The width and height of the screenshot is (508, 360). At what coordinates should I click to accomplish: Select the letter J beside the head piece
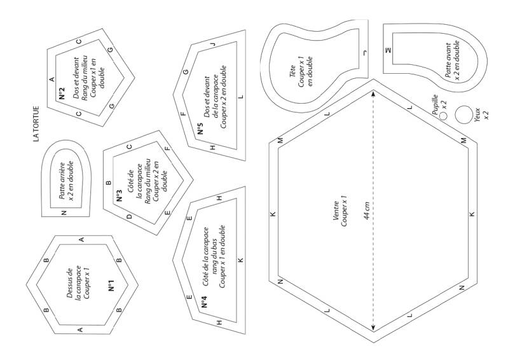tap(365, 52)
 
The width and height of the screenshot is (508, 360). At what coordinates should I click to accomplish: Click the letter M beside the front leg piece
tap(388, 49)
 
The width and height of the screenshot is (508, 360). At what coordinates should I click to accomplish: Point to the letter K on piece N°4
tap(240, 260)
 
